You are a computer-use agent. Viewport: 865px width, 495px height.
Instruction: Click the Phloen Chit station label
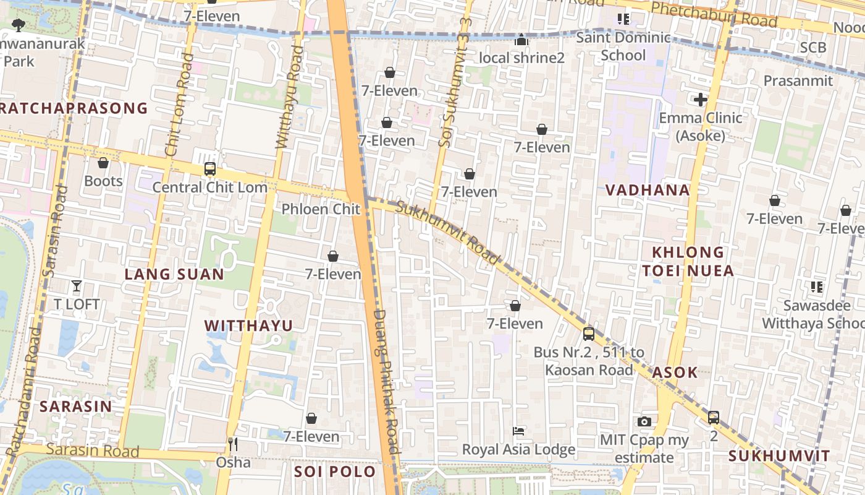tap(321, 209)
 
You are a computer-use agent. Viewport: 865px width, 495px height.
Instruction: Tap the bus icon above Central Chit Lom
tap(209, 169)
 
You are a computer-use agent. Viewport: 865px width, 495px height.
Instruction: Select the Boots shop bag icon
tap(103, 163)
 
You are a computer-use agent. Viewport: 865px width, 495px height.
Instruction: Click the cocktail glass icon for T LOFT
tap(77, 286)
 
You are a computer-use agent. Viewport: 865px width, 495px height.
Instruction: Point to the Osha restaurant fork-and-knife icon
tap(233, 444)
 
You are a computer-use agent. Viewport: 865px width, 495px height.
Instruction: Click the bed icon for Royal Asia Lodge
tap(518, 431)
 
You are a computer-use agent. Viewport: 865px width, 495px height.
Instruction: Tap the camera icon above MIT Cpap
tap(644, 422)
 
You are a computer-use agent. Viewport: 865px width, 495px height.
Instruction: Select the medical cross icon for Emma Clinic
tap(700, 100)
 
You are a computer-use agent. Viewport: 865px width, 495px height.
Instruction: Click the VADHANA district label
tap(648, 190)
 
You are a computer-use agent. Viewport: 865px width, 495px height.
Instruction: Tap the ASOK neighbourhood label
tap(675, 372)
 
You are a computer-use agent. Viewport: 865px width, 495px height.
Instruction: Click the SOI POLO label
tap(335, 471)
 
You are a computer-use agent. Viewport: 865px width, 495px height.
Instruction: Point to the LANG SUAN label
tap(174, 274)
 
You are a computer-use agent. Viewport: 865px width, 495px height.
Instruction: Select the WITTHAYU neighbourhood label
tap(248, 325)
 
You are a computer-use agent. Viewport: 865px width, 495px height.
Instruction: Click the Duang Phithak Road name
tap(387, 384)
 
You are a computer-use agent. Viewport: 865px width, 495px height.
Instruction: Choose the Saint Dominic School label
tap(623, 46)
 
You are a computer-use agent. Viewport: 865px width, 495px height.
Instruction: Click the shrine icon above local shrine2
tap(521, 40)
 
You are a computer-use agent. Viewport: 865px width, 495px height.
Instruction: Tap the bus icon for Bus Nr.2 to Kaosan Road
tap(589, 334)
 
